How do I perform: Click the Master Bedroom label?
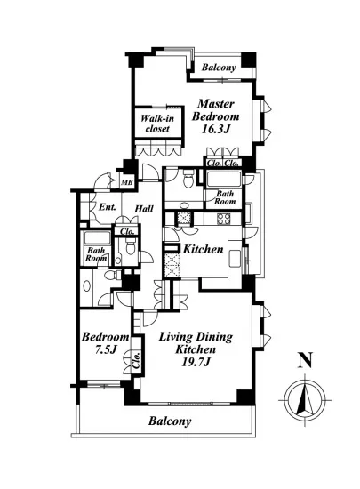click(215, 110)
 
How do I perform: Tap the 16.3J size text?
click(215, 129)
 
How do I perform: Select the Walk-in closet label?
click(157, 124)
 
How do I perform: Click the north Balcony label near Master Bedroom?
click(219, 68)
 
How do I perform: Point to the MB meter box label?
click(127, 182)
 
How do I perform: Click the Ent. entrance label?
click(108, 207)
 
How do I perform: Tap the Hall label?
click(144, 209)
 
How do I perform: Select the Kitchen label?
click(203, 249)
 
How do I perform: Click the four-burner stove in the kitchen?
click(223, 219)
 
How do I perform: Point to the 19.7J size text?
click(196, 362)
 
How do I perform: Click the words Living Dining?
click(196, 338)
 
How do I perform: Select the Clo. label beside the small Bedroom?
click(137, 361)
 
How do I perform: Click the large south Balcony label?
click(170, 421)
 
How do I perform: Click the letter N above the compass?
click(305, 360)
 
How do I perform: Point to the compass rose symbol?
click(305, 399)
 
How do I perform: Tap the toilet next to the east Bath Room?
click(188, 180)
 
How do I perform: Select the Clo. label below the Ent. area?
click(127, 231)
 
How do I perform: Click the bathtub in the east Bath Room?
click(223, 180)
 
